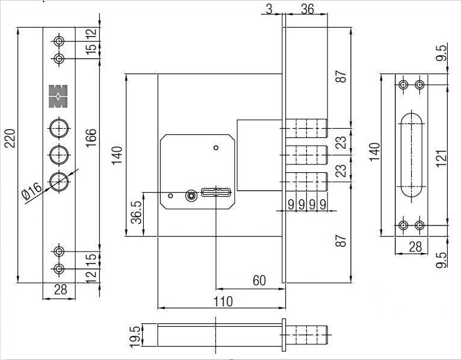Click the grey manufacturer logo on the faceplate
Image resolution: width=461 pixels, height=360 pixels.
pos(58,97)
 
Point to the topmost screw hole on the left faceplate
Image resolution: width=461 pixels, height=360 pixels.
pos(59,41)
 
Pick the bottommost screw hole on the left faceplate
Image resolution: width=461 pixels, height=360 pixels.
pos(59,268)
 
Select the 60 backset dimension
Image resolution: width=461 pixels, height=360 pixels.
pos(259,280)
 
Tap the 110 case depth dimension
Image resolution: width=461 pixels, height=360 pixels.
pos(223,301)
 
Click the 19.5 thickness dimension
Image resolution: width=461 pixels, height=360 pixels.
pos(135,335)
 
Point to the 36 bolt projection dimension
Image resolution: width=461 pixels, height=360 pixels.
pos(308,10)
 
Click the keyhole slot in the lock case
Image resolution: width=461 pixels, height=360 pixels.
pos(217,193)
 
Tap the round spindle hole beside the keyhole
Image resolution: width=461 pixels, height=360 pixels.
pos(191,195)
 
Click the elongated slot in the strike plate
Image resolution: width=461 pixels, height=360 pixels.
pos(411,154)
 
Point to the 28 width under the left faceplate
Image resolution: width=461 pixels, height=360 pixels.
pos(60,290)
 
